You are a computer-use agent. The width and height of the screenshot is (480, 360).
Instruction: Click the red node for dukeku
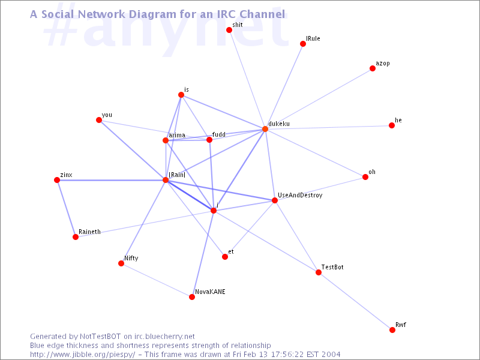(x=265, y=129)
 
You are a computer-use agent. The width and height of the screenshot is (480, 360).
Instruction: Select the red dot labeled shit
(x=229, y=29)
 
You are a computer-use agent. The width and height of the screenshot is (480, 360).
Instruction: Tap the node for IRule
(x=303, y=44)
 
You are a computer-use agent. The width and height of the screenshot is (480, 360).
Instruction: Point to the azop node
(x=372, y=68)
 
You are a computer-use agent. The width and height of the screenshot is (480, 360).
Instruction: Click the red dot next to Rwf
(x=392, y=329)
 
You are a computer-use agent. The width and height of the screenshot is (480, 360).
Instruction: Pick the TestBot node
(x=319, y=272)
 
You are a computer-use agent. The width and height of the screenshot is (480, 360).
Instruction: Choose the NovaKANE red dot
(x=191, y=297)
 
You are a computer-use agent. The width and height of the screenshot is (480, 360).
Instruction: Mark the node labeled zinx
(x=56, y=180)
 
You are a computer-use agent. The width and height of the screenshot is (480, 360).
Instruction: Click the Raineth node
(x=76, y=237)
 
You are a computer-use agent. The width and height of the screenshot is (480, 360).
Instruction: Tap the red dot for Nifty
(x=121, y=263)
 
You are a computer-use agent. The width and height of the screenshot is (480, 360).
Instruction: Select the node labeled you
(x=98, y=119)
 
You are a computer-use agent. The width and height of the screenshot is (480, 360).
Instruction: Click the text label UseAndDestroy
(x=300, y=196)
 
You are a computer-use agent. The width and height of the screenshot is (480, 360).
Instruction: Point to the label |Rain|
(x=177, y=175)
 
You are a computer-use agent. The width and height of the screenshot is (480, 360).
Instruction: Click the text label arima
(x=177, y=135)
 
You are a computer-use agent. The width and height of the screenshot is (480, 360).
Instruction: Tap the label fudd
(x=219, y=134)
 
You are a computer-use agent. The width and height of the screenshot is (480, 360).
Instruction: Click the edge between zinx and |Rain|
(x=111, y=180)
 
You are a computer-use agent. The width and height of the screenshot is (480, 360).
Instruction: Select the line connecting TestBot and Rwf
(x=355, y=301)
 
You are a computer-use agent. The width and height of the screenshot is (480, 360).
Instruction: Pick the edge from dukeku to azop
(x=319, y=98)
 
